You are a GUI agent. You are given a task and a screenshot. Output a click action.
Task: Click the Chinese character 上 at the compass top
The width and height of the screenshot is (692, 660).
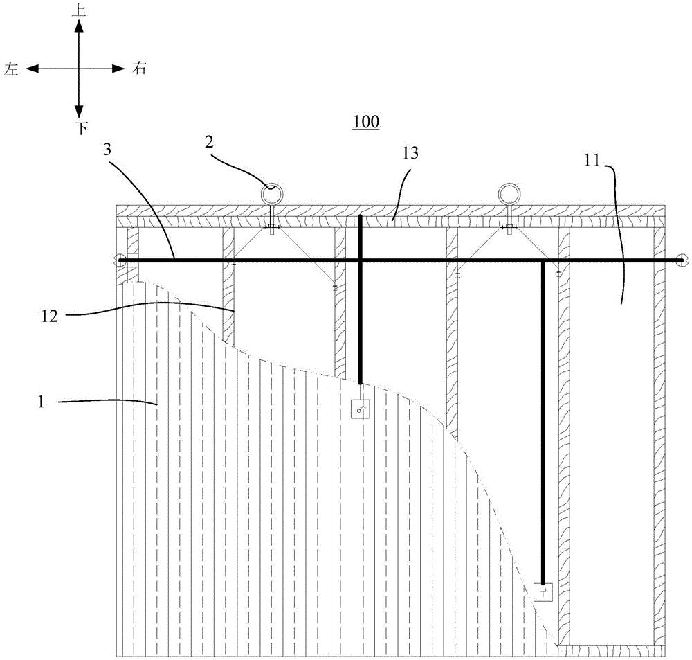tap(79, 10)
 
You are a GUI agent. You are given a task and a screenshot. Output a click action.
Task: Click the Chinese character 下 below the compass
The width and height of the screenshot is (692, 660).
tap(81, 127)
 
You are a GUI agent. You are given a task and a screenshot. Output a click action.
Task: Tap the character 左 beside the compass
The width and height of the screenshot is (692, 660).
tap(12, 69)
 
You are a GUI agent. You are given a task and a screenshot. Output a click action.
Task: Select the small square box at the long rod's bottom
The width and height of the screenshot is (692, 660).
tap(543, 592)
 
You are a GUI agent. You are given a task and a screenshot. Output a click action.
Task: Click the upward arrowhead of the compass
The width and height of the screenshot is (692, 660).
tap(79, 26)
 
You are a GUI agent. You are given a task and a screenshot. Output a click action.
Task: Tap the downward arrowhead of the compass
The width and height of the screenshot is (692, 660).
tap(79, 111)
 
